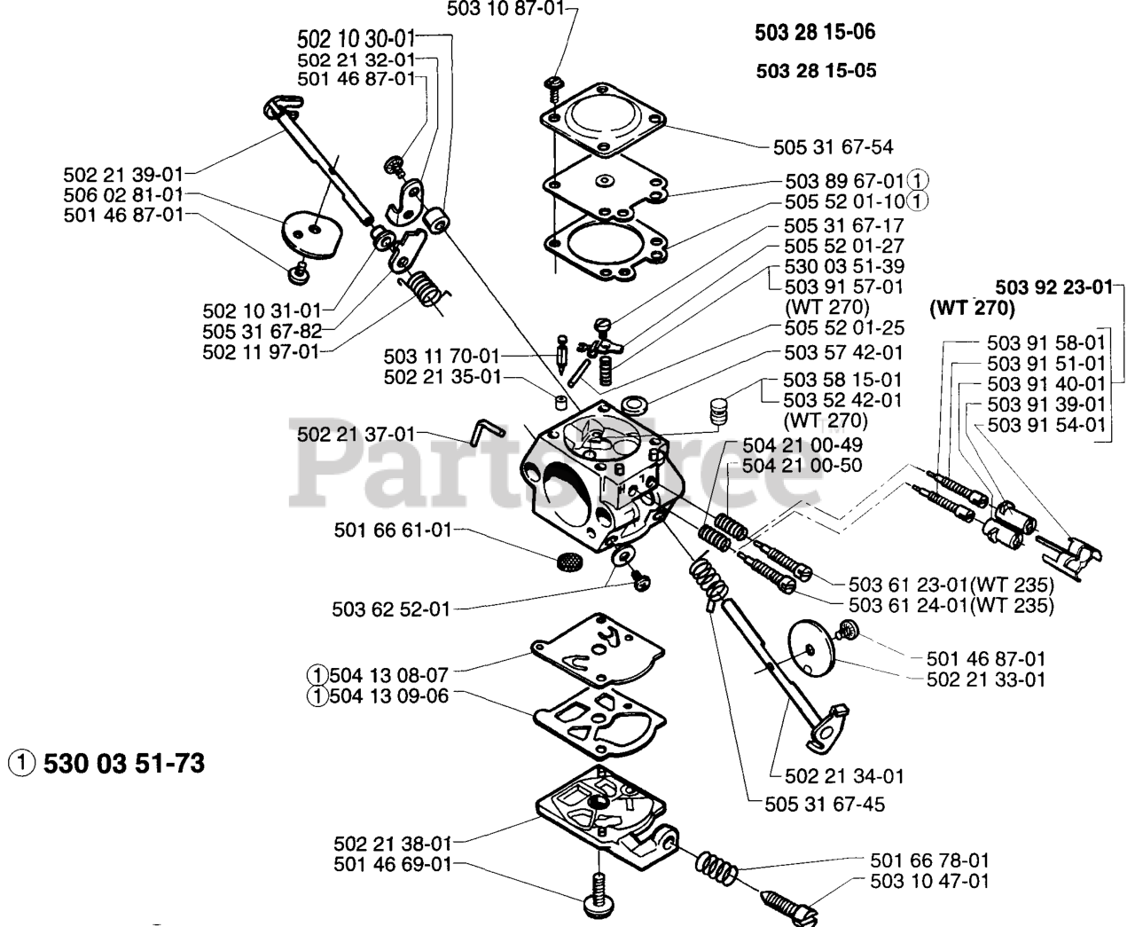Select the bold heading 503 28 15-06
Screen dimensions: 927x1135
pyautogui.click(x=815, y=33)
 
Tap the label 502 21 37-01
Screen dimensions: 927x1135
pyautogui.click(x=356, y=435)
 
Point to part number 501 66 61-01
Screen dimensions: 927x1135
pyautogui.click(x=392, y=530)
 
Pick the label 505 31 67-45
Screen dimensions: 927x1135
pyautogui.click(x=824, y=805)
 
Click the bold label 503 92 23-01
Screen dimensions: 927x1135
pyautogui.click(x=1053, y=287)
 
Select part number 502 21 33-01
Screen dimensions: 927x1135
pyautogui.click(x=986, y=680)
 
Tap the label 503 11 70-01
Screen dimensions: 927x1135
pyautogui.click(x=442, y=356)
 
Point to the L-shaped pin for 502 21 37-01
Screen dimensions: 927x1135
pyautogui.click(x=486, y=430)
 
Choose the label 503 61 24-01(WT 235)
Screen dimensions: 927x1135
pyautogui.click(x=951, y=606)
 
